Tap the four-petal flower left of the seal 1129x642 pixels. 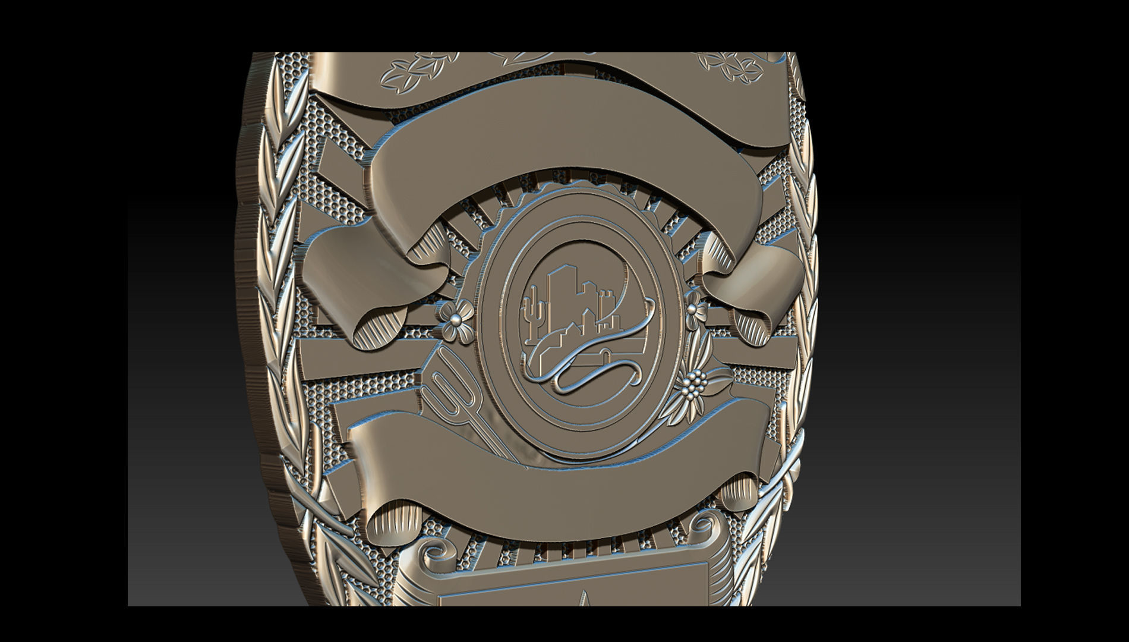[458, 320]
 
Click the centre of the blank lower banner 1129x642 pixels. [559, 470]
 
